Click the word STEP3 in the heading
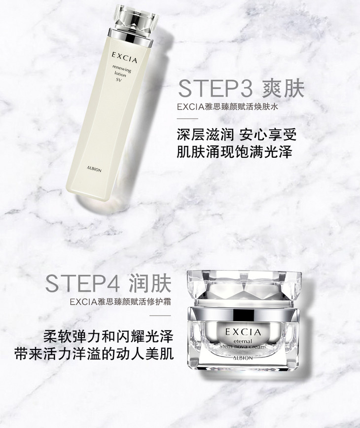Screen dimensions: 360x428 (x=216, y=88)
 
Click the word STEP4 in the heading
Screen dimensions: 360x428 (x=82, y=284)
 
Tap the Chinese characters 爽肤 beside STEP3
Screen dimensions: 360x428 (x=283, y=88)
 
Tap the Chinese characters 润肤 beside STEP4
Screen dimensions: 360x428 (x=150, y=284)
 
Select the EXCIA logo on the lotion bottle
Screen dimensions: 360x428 (x=124, y=57)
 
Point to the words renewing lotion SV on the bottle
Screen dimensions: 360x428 (x=121, y=74)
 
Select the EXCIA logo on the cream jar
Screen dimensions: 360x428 (x=243, y=332)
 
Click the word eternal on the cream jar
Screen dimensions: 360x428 (x=243, y=341)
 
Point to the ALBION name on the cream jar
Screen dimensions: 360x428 (x=243, y=357)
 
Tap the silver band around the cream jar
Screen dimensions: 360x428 (x=243, y=314)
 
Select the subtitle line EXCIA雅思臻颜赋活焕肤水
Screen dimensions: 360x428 (x=228, y=107)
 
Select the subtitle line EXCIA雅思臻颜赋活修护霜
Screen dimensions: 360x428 (x=120, y=302)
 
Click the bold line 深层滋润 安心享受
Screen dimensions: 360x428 (x=237, y=135)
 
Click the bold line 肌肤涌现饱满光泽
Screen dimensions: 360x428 (x=234, y=152)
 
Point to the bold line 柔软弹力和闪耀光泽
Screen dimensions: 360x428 (x=108, y=337)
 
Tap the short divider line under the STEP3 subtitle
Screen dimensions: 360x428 (x=187, y=119)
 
